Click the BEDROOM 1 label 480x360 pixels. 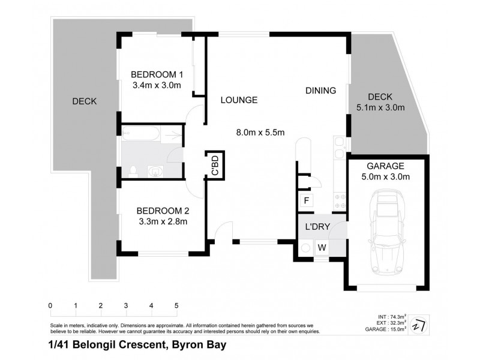(x=157, y=74)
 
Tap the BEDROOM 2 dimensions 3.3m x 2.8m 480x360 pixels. (x=163, y=221)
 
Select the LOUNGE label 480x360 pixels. (x=238, y=100)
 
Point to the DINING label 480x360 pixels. (x=320, y=91)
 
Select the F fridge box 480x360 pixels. (x=305, y=200)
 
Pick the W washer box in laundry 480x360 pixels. (x=322, y=247)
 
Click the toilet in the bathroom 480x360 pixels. (x=133, y=170)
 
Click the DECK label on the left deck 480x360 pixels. (x=84, y=101)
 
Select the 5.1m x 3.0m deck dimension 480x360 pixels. (x=376, y=108)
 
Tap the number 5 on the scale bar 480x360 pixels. (x=176, y=305)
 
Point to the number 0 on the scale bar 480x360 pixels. (x=50, y=305)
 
